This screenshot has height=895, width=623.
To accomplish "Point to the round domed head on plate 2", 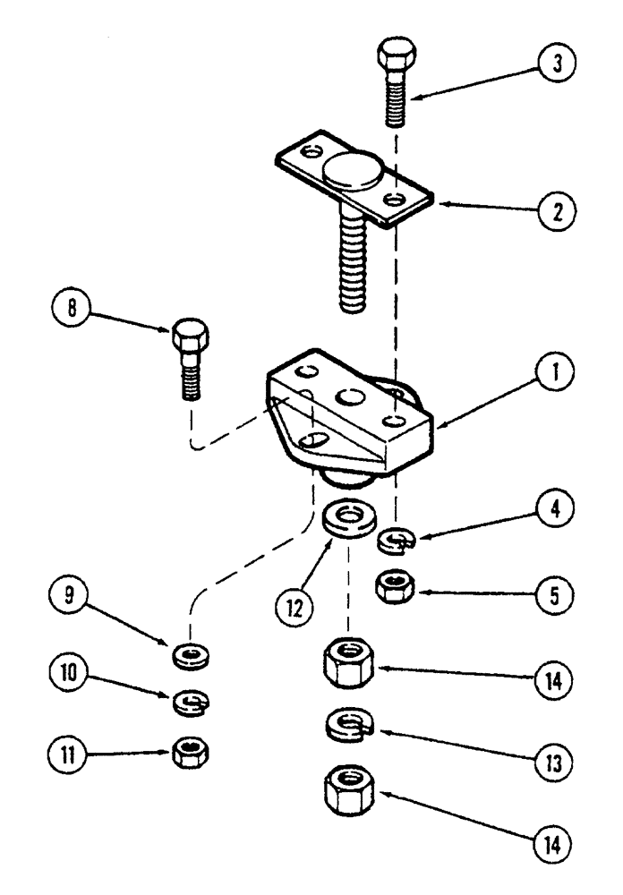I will coord(351,173).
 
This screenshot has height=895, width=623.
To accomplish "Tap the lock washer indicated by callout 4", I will coord(393,540).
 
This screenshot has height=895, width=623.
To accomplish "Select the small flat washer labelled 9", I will coord(190,656).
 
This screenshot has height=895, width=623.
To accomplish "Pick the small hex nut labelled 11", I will coord(190,752).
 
